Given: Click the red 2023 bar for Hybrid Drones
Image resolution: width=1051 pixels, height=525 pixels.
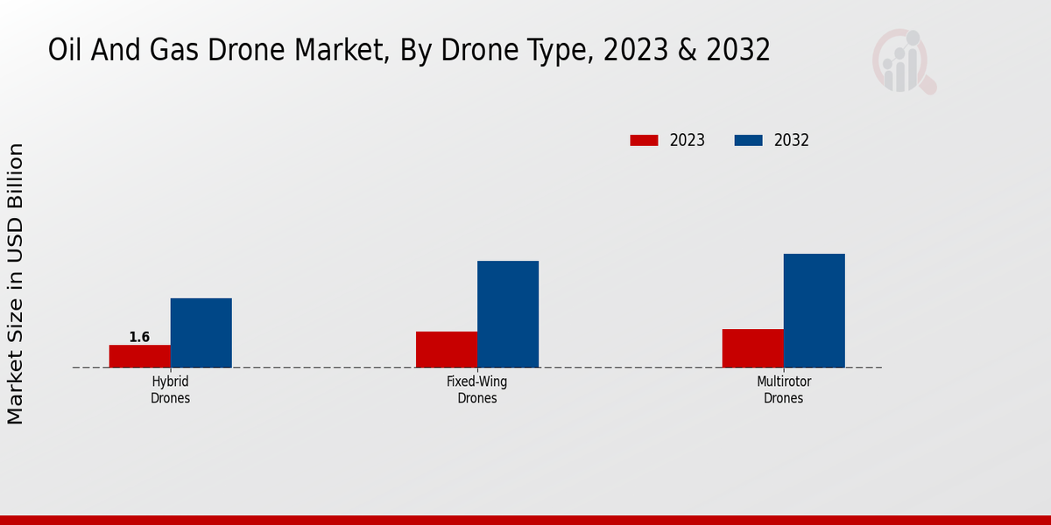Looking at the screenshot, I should click(140, 356).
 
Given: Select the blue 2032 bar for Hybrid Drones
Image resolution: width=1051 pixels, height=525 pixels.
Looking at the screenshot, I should click(201, 332).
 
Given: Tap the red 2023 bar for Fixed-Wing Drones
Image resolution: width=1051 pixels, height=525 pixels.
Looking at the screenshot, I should click(447, 349).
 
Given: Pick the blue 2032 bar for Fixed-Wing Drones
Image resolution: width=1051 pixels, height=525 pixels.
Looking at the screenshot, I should click(508, 314).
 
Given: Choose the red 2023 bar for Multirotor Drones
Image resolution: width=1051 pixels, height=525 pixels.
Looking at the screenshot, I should click(753, 348).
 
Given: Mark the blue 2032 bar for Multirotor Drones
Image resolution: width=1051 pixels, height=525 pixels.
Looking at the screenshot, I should click(815, 311).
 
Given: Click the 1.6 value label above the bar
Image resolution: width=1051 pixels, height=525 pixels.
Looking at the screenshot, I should click(139, 337).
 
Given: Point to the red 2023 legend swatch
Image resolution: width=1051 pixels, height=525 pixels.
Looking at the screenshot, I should click(644, 140).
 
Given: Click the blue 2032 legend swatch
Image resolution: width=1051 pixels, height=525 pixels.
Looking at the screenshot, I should click(748, 140).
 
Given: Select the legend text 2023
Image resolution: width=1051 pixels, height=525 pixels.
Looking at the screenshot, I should click(688, 140).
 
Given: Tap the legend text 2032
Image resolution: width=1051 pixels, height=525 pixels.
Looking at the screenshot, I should click(792, 140).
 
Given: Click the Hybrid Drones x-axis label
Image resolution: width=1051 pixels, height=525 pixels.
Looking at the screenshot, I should click(170, 390).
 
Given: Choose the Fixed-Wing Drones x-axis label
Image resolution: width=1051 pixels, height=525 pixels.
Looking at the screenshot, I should click(476, 390).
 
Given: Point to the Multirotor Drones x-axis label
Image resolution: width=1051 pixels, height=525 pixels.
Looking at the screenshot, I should click(783, 390).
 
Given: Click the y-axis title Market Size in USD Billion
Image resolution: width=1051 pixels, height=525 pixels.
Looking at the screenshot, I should click(16, 284).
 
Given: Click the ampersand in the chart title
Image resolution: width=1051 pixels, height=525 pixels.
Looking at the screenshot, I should click(688, 51).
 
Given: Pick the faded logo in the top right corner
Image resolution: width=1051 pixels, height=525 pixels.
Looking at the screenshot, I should click(903, 61).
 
